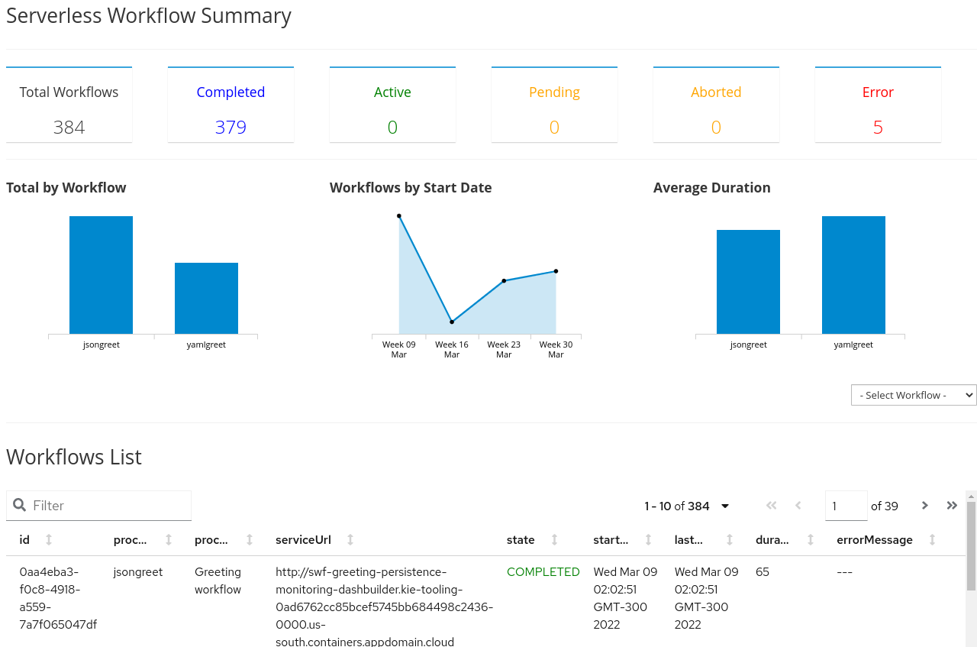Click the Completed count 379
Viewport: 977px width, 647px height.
pos(231,127)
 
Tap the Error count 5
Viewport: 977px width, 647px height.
pos(878,127)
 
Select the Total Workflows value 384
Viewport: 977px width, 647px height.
pos(69,127)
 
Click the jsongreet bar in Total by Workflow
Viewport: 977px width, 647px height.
pos(101,275)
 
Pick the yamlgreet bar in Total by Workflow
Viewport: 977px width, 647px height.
pos(206,298)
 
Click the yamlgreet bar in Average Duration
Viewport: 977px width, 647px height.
pos(853,275)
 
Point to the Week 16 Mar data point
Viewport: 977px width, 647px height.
pos(452,322)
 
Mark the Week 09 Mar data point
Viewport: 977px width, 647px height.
pos(399,216)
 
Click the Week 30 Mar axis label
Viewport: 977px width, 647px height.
pos(556,349)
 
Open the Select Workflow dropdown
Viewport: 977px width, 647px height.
pos(914,395)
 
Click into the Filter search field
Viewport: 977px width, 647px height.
pos(107,506)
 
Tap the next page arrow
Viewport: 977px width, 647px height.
pos(925,506)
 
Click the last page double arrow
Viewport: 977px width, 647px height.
pos(952,506)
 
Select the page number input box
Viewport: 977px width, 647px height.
pos(846,506)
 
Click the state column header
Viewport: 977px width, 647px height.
pos(521,540)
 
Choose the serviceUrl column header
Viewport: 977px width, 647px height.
pos(303,540)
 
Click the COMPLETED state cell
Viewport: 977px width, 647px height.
pos(543,572)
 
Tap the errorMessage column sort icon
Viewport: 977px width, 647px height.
pos(932,540)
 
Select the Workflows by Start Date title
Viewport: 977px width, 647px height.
pos(411,188)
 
